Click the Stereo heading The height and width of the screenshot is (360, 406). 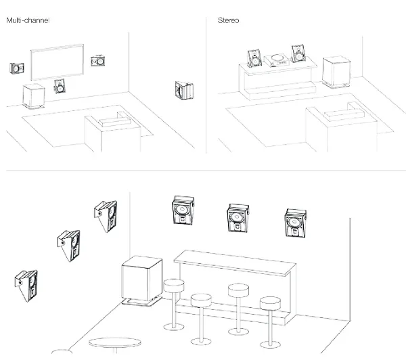click(x=229, y=21)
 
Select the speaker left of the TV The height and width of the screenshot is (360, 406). click(x=17, y=68)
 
